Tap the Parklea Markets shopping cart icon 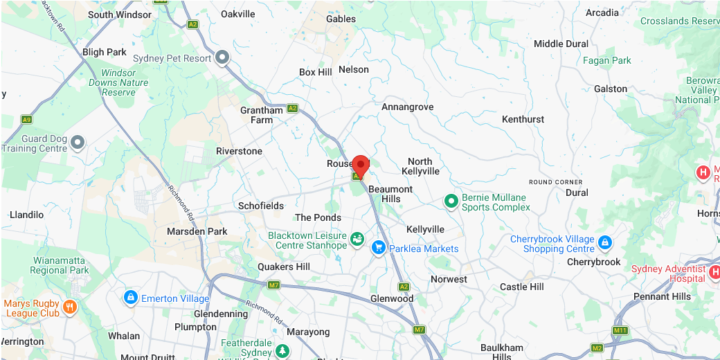(x=378, y=247)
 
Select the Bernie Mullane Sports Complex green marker (x=451, y=201)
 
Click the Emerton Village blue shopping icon (x=129, y=297)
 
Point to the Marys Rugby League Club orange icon (x=69, y=307)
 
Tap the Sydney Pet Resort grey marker (x=222, y=58)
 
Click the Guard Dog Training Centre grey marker (x=78, y=143)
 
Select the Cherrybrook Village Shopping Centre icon (x=604, y=242)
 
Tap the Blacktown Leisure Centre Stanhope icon (x=357, y=240)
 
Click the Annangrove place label (x=408, y=107)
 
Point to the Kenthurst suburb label (x=523, y=119)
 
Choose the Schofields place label (x=261, y=206)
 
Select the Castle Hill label (x=522, y=287)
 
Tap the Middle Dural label (x=561, y=44)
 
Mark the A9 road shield (x=26, y=120)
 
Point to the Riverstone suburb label (x=239, y=151)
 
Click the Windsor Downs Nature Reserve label (x=118, y=82)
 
